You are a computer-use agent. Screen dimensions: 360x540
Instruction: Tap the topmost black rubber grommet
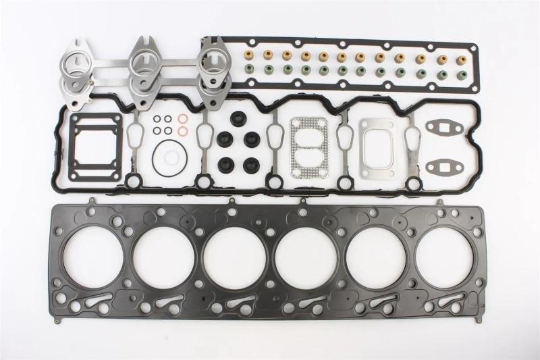(x=238, y=116)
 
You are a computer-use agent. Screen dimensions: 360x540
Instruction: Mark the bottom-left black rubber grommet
(x=223, y=164)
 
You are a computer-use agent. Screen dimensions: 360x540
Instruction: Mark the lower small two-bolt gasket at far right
(x=443, y=165)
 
